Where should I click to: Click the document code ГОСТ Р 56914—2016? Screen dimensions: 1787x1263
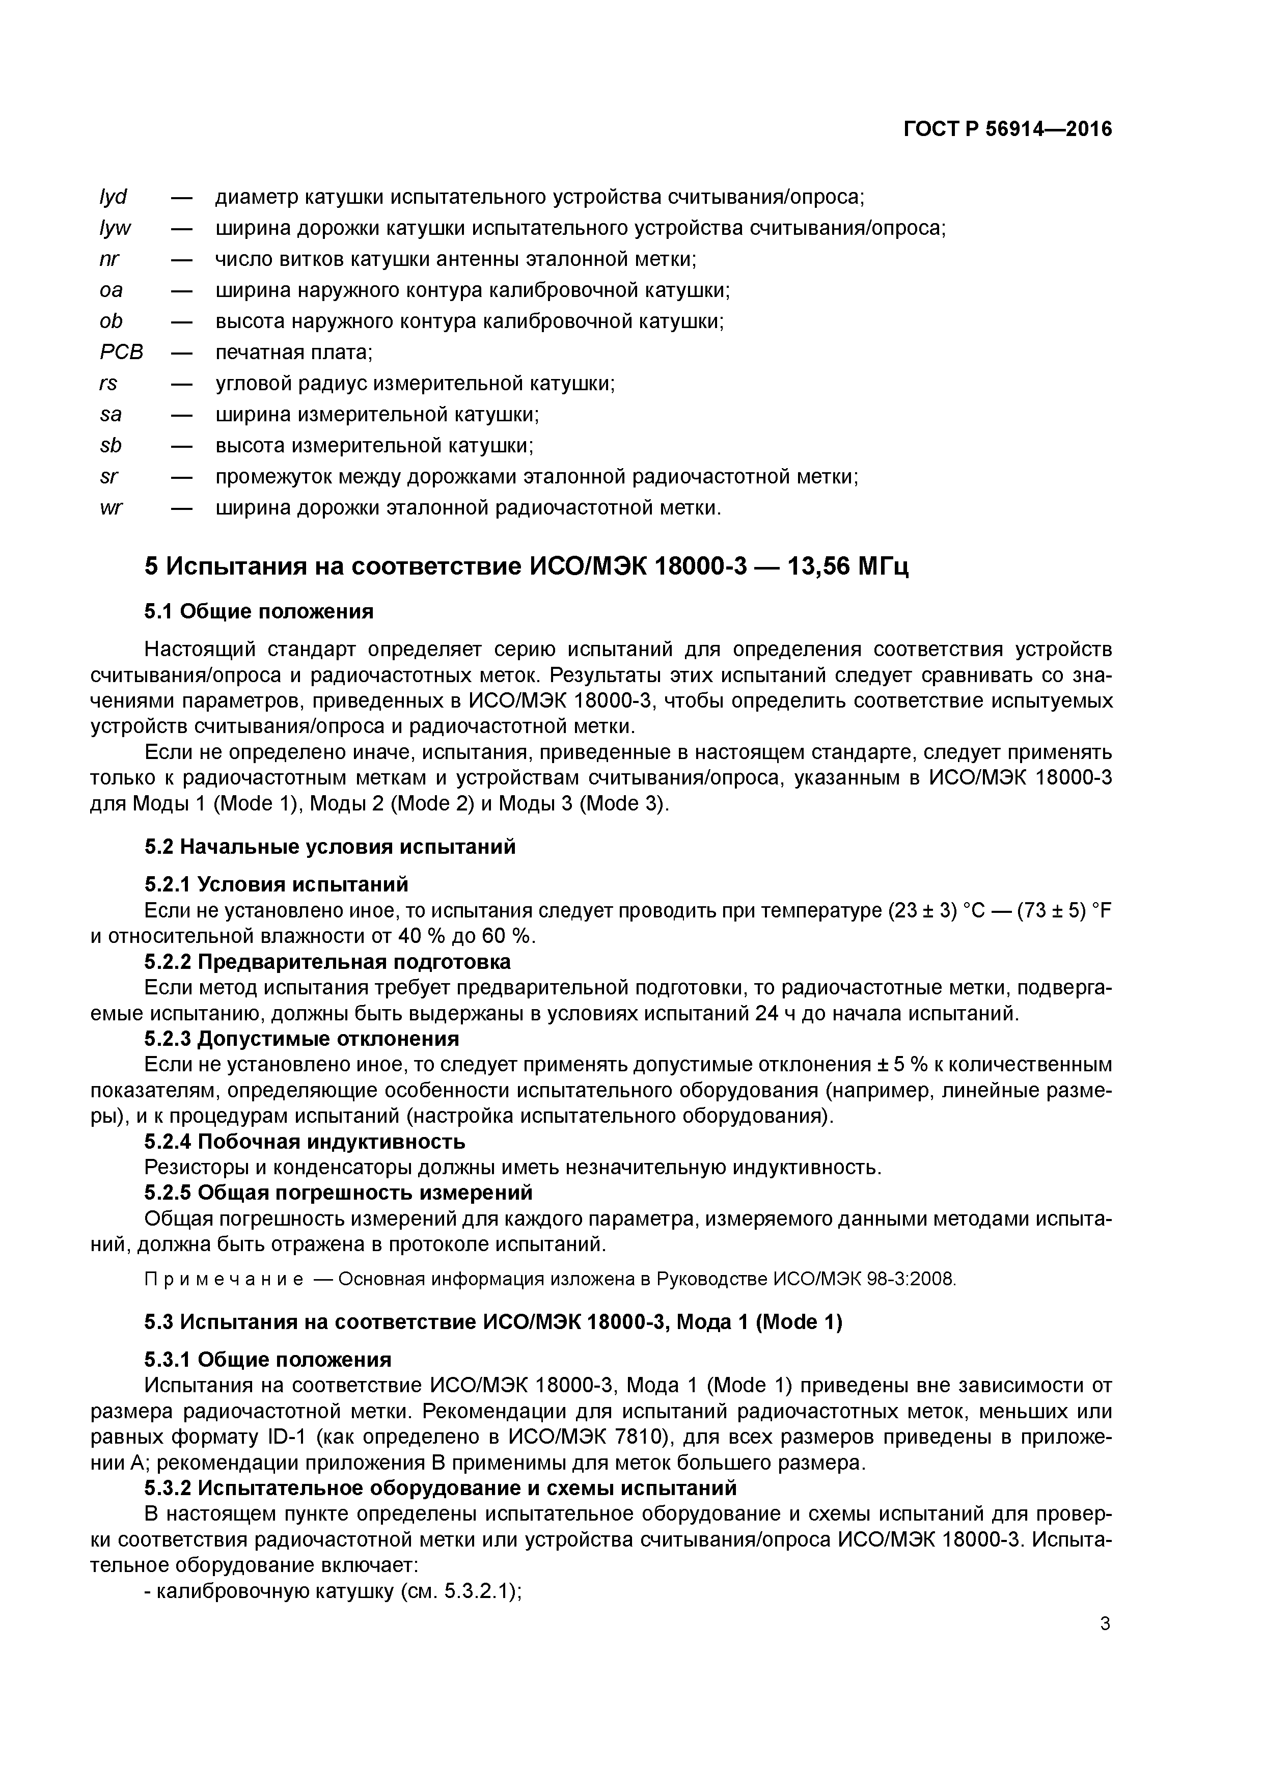click(1008, 129)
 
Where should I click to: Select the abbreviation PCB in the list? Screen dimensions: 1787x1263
click(121, 353)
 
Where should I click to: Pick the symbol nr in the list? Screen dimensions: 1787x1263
click(109, 259)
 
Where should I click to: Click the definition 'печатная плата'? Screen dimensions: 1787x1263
click(293, 353)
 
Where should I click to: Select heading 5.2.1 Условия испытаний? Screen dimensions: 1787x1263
click(276, 884)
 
